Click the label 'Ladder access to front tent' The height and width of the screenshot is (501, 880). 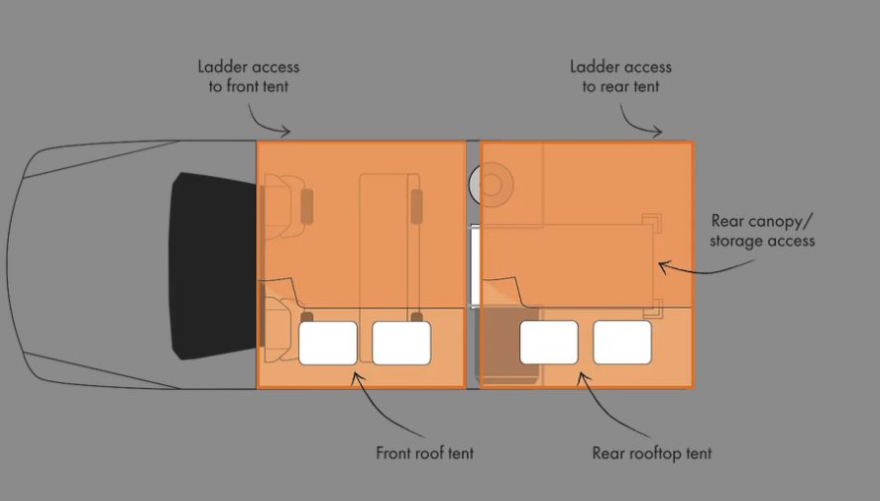(249, 76)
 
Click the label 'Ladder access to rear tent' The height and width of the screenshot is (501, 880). (620, 76)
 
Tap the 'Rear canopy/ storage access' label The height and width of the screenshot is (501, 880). (762, 231)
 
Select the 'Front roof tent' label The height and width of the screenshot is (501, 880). (425, 452)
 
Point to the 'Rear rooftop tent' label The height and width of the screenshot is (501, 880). (652, 453)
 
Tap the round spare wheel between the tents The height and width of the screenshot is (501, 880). (492, 184)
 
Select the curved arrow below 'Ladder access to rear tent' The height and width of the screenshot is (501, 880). (636, 125)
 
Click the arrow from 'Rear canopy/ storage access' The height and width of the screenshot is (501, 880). (705, 270)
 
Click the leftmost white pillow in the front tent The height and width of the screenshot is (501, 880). (328, 343)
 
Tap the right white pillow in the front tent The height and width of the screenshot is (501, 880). (401, 343)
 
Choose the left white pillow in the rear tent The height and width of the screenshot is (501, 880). (549, 343)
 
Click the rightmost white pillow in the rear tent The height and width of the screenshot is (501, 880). (622, 343)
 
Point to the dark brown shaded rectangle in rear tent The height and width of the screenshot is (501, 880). (510, 346)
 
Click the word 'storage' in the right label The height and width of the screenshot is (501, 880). (735, 241)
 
